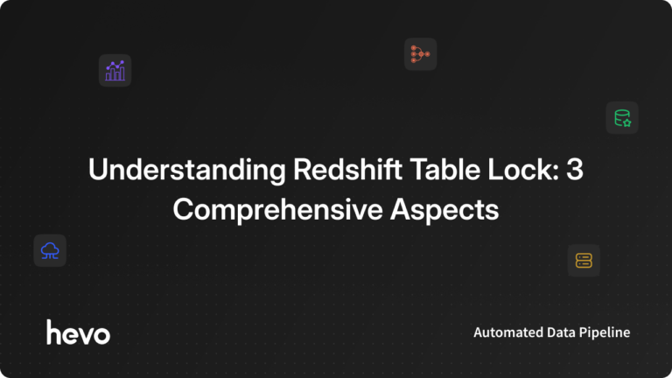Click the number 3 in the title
point(574,171)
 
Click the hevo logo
point(78,332)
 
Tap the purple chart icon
point(115,71)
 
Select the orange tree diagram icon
point(420,54)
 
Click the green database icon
point(622,118)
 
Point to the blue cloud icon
point(50,251)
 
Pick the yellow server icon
point(584,260)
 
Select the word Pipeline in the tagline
point(607,333)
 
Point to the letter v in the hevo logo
point(86,333)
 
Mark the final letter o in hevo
point(101,333)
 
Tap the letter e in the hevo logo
point(70,333)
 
